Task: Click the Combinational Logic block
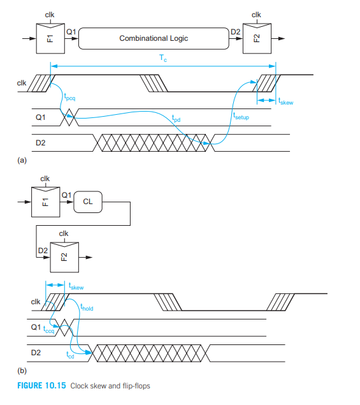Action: pos(154,38)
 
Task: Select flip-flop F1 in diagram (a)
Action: pos(50,38)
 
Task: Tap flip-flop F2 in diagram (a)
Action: pos(257,38)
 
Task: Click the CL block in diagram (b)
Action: pos(88,202)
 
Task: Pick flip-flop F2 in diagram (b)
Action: pos(64,257)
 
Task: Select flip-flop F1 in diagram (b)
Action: pos(46,202)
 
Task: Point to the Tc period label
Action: pos(163,58)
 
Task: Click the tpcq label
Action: pos(69,97)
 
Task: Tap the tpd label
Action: pos(176,118)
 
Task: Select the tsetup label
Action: pos(241,116)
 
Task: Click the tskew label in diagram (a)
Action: pos(285,101)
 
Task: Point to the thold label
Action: pos(87,307)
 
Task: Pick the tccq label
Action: pos(49,330)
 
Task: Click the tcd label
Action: pos(70,355)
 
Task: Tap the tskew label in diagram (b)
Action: pos(76,286)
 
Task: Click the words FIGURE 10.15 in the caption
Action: pos(41,386)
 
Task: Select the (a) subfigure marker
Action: pos(22,160)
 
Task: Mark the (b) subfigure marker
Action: pos(22,371)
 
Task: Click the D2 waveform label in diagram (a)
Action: pos(41,143)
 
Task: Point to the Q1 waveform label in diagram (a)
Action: pos(41,117)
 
